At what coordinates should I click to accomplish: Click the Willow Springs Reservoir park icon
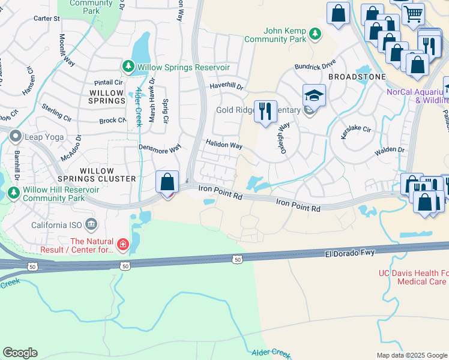(x=128, y=66)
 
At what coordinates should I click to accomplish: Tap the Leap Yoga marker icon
(x=15, y=137)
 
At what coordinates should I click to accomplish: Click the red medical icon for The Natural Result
(x=122, y=244)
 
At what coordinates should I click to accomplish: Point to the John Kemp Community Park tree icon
(x=314, y=35)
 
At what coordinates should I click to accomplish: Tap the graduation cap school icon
(x=314, y=95)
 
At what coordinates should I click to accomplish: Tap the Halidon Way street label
(x=224, y=145)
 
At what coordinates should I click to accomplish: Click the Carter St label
(x=47, y=19)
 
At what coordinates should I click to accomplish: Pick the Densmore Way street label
(x=160, y=148)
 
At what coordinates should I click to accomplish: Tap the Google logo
(x=20, y=353)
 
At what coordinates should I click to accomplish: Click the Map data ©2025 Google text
(x=412, y=355)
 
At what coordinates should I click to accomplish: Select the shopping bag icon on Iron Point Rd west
(x=167, y=181)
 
